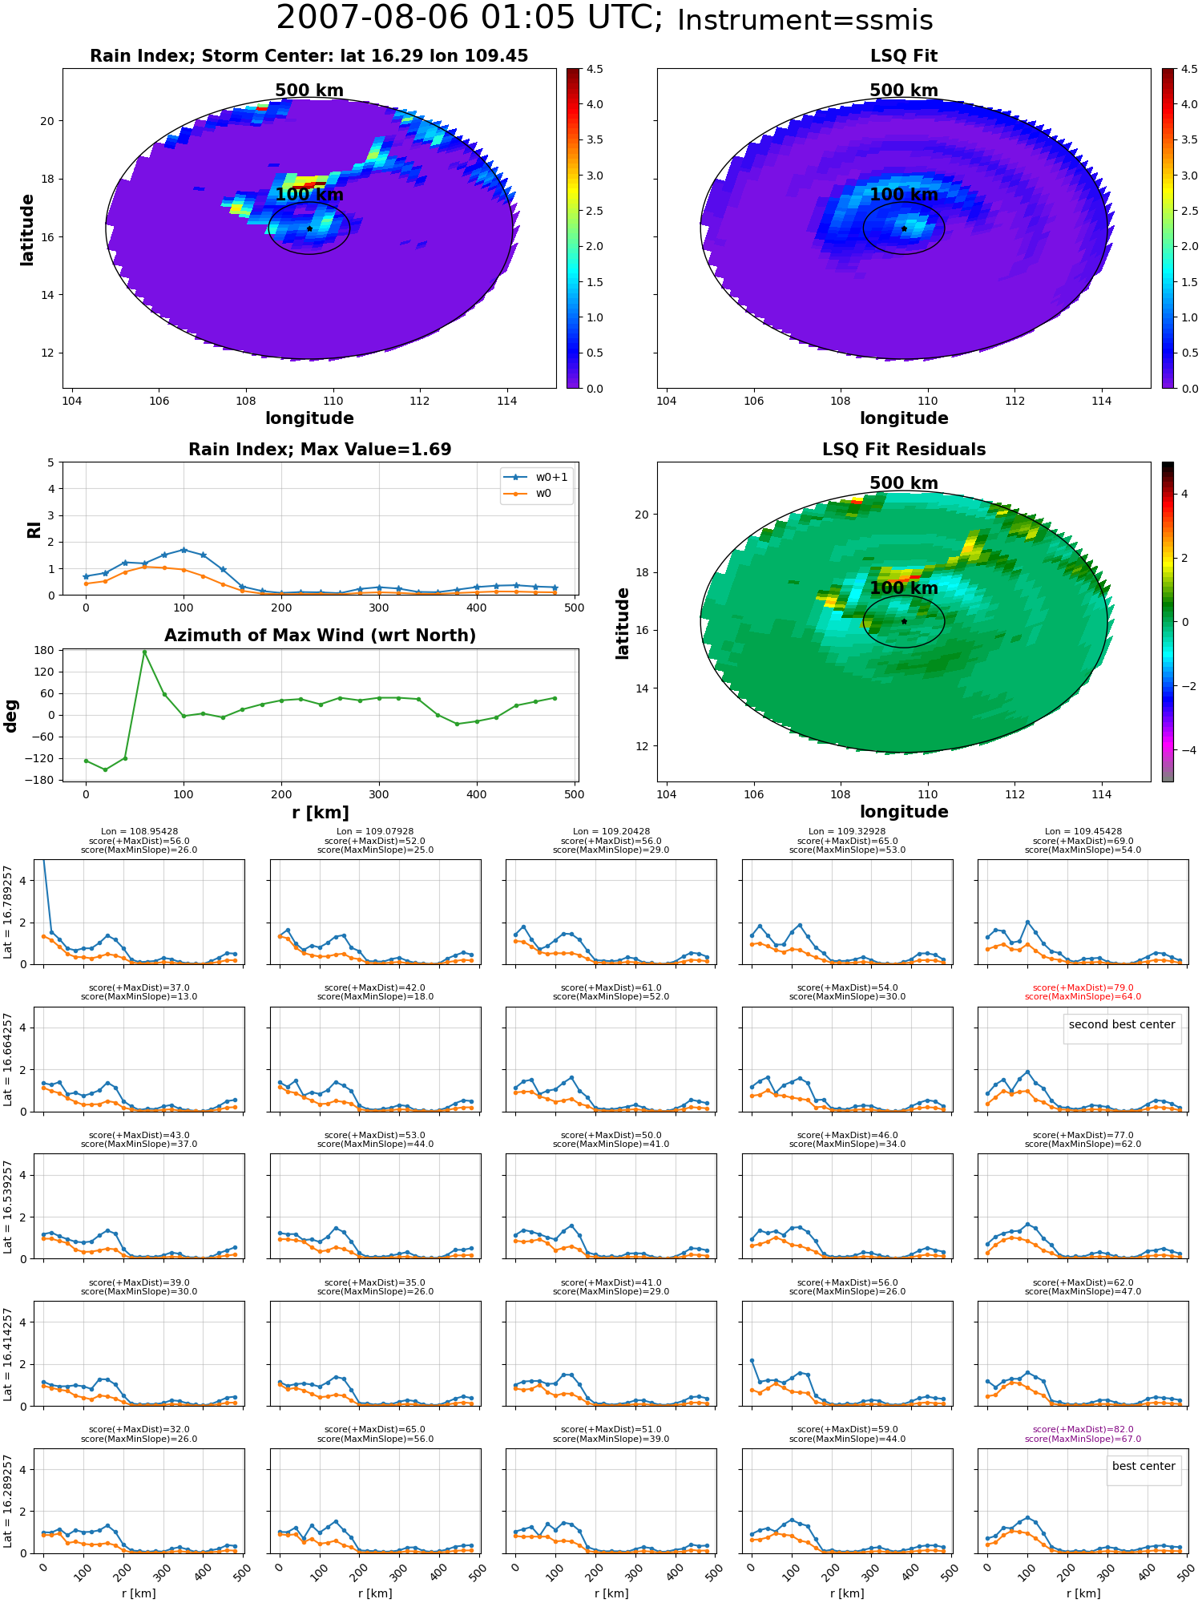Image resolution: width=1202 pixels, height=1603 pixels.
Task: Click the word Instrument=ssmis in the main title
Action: pyautogui.click(x=805, y=21)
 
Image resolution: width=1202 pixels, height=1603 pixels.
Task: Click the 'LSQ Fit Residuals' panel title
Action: pyautogui.click(x=904, y=450)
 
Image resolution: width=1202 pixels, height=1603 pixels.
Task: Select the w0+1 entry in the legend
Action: pyautogui.click(x=536, y=477)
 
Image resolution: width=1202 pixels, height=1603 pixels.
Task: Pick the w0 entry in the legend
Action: pyautogui.click(x=528, y=493)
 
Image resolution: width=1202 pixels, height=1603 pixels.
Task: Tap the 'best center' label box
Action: pyautogui.click(x=1144, y=1466)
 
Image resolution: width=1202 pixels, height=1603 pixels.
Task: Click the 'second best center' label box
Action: pyautogui.click(x=1122, y=1024)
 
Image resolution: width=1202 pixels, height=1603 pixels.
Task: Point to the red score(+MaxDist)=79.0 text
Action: pyautogui.click(x=1083, y=988)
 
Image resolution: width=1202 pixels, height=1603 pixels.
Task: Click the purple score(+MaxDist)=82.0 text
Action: pyautogui.click(x=1083, y=1430)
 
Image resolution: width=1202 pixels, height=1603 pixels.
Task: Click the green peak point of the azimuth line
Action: pyautogui.click(x=144, y=652)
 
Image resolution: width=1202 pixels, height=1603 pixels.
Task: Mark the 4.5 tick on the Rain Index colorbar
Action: pyautogui.click(x=595, y=69)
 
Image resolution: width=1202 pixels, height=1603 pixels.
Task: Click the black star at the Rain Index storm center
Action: pyautogui.click(x=309, y=228)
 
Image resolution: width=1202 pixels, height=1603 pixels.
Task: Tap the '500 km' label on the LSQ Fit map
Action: pyautogui.click(x=904, y=91)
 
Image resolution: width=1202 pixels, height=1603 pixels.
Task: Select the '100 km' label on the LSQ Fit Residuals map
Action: pyautogui.click(x=904, y=588)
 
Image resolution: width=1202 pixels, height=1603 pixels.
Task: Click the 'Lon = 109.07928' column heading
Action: pyautogui.click(x=376, y=832)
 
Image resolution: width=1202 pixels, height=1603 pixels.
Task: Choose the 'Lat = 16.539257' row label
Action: pyautogui.click(x=8, y=1206)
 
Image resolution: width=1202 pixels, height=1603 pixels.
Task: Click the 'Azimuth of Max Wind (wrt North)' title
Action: pyautogui.click(x=320, y=636)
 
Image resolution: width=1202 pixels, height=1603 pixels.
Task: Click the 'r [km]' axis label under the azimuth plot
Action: pyautogui.click(x=320, y=813)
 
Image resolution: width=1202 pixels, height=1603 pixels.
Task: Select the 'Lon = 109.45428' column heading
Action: pyautogui.click(x=1083, y=832)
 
